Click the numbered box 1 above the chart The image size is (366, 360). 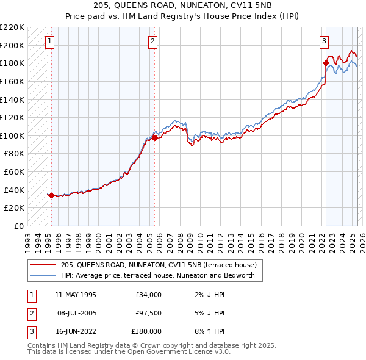click(49, 41)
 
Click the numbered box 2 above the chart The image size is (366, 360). click(152, 41)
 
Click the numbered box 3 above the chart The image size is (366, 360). click(324, 41)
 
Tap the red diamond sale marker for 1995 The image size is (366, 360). click(51, 195)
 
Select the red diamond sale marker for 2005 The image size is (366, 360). click(154, 138)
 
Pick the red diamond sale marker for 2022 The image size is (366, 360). click(326, 63)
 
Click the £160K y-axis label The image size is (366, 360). click(13, 81)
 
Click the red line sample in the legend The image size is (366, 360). click(43, 265)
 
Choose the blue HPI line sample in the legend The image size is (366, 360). click(43, 275)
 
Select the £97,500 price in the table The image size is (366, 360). click(148, 313)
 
